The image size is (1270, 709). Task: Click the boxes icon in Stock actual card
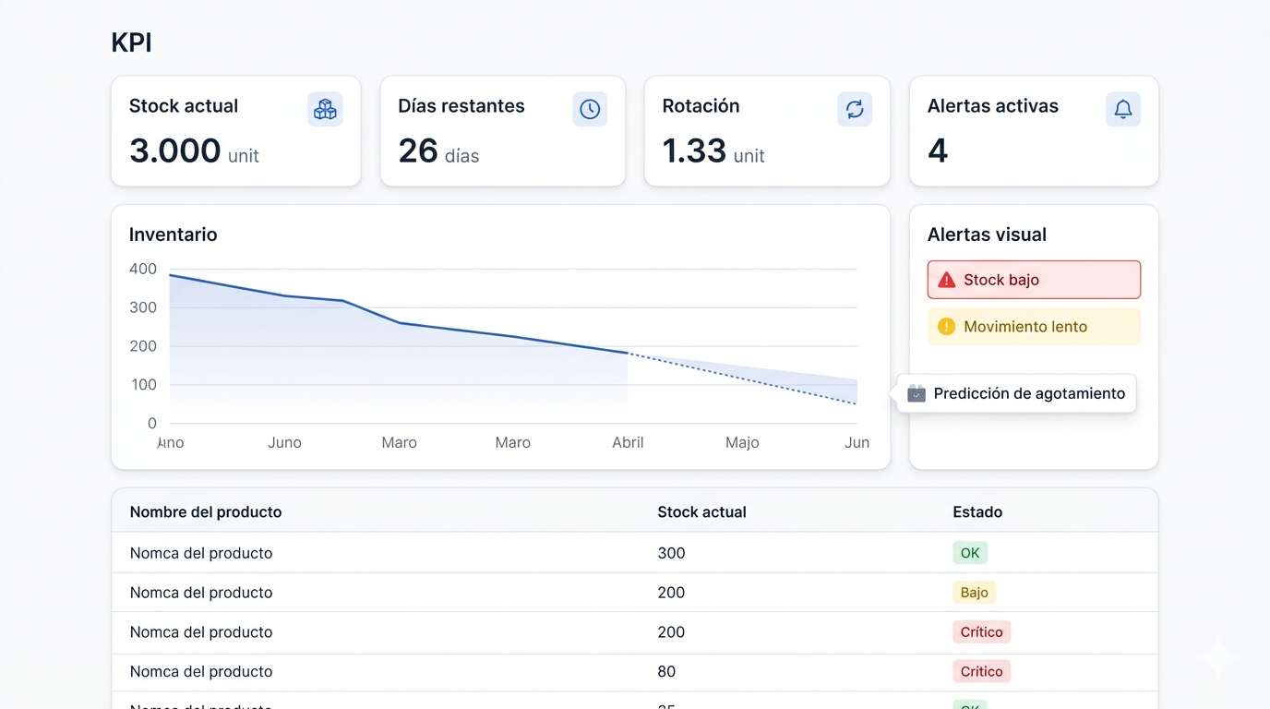click(x=325, y=109)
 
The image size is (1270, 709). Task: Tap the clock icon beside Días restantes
click(x=590, y=109)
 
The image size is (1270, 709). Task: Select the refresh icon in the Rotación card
click(x=855, y=109)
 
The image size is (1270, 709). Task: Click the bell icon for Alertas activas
click(x=1122, y=109)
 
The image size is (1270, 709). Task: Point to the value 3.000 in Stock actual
click(x=175, y=150)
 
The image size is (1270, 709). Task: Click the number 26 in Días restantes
click(x=418, y=150)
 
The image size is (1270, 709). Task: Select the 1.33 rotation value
click(x=694, y=150)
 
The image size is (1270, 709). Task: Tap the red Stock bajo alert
click(x=1034, y=280)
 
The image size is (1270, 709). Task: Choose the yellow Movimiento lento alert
click(x=1034, y=327)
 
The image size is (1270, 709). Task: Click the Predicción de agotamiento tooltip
click(x=1017, y=393)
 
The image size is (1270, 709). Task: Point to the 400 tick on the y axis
click(x=143, y=269)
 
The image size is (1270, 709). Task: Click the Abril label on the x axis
click(x=628, y=443)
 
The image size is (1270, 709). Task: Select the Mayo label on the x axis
click(x=742, y=443)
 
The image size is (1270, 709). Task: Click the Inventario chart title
click(x=174, y=234)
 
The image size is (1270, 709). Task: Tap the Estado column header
click(x=977, y=511)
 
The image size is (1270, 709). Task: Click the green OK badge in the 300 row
click(x=970, y=553)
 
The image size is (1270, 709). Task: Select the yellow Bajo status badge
click(x=974, y=593)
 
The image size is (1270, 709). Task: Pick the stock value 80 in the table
click(x=666, y=671)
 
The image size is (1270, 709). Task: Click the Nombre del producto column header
click(x=206, y=511)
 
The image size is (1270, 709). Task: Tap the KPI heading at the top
click(x=131, y=43)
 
